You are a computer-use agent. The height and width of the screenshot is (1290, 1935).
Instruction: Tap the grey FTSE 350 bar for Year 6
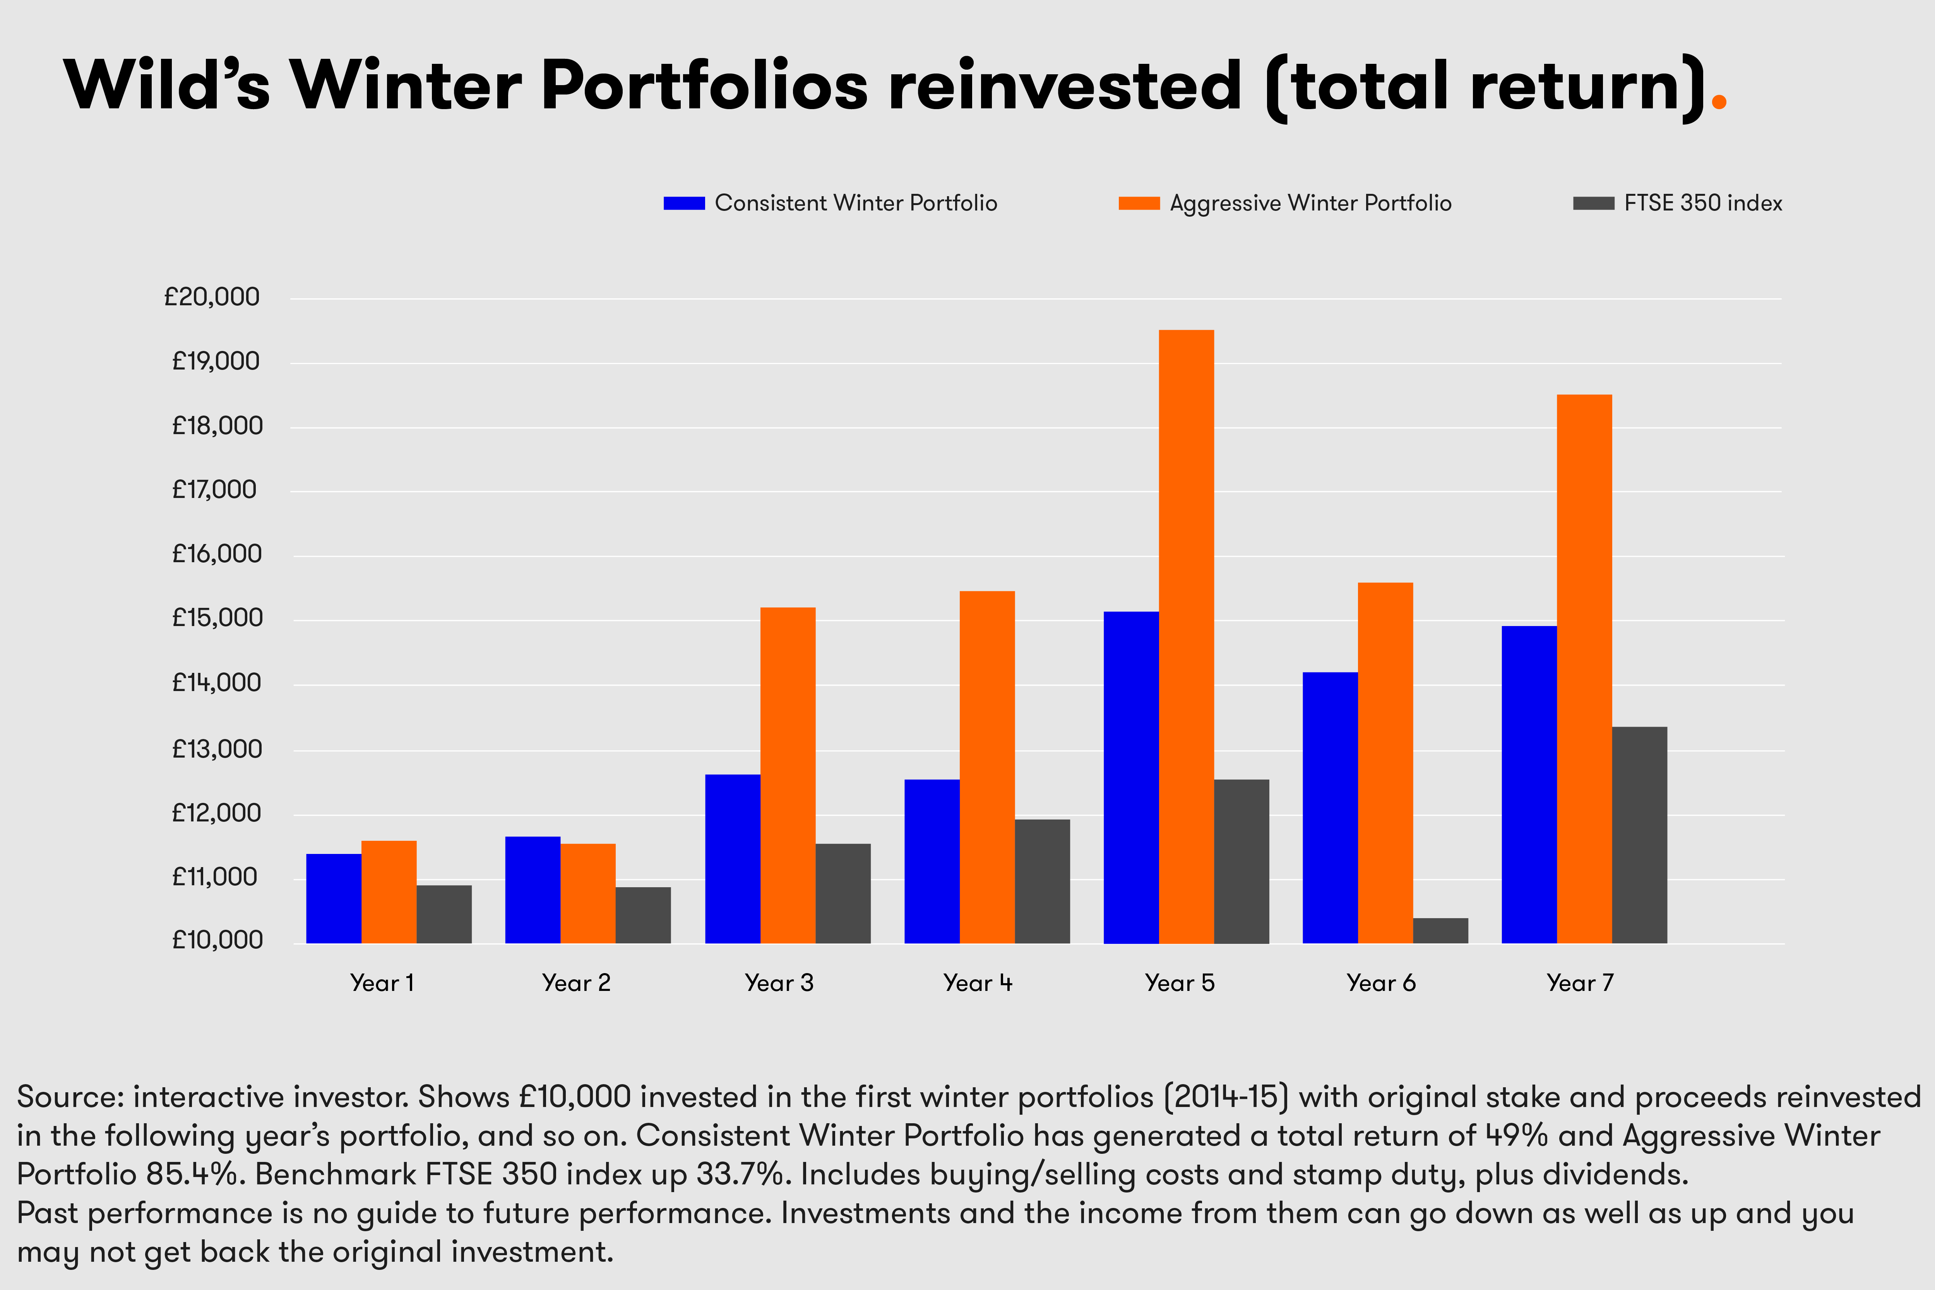(x=1440, y=931)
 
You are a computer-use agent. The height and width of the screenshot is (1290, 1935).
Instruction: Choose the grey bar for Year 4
(x=1042, y=881)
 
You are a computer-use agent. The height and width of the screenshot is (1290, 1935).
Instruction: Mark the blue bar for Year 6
(x=1331, y=808)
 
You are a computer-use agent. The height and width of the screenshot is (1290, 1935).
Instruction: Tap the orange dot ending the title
(x=1719, y=102)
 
